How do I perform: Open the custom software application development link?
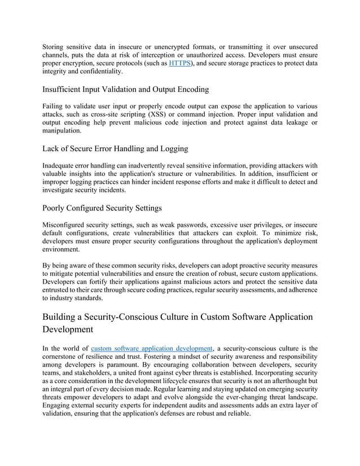pyautogui.click(x=151, y=349)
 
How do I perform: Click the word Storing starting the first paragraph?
pyautogui.click(x=55, y=46)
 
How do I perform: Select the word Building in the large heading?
pyautogui.click(x=64, y=316)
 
